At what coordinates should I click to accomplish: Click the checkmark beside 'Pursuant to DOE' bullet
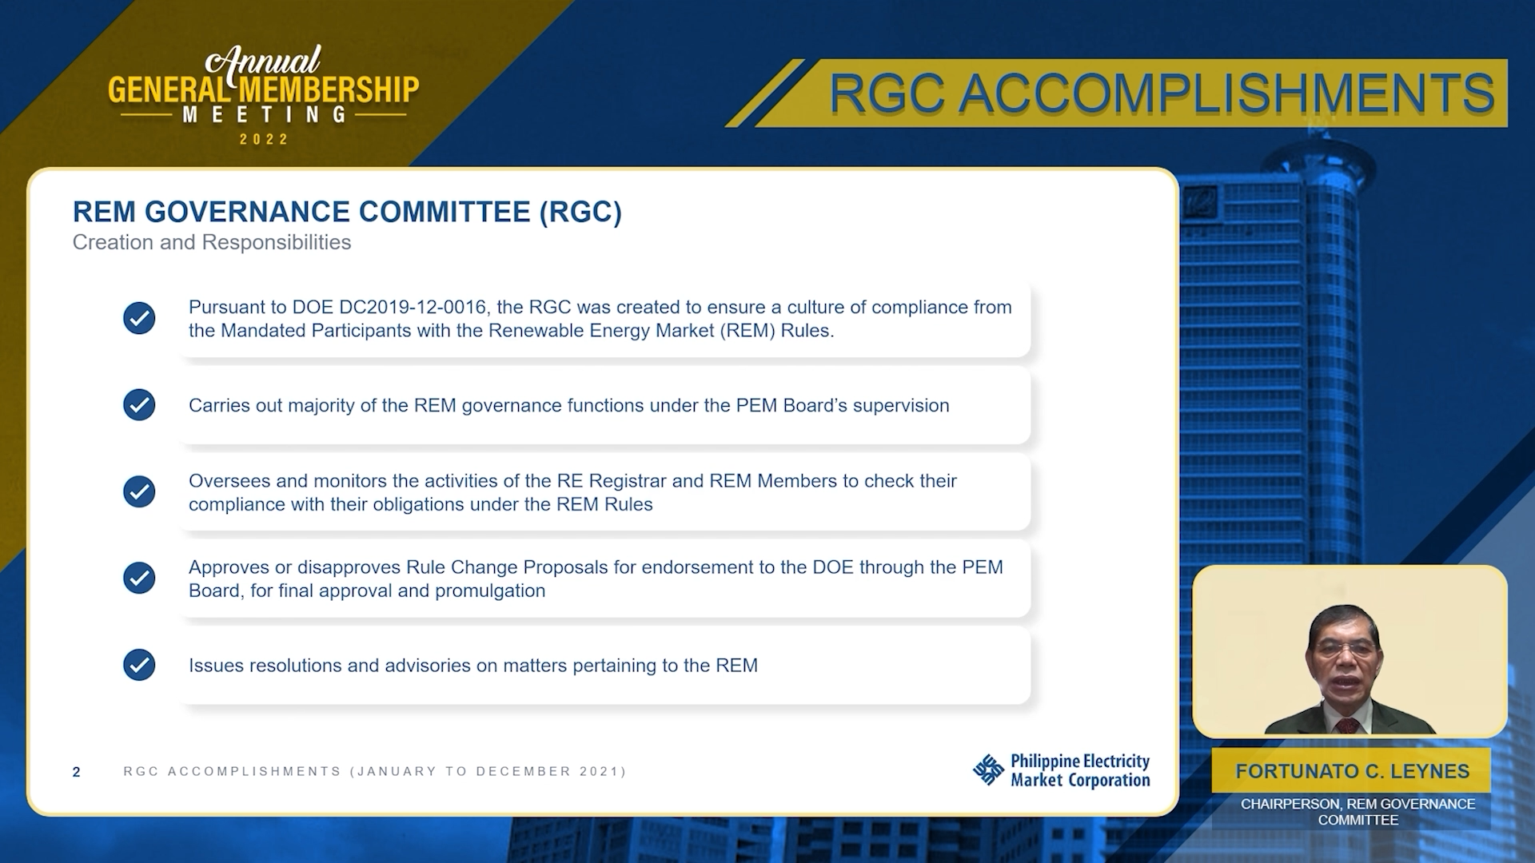point(139,318)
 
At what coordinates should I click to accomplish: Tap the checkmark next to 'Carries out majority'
point(139,405)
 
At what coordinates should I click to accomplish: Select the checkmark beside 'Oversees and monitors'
point(139,491)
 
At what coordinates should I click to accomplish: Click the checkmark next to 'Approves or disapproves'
point(139,578)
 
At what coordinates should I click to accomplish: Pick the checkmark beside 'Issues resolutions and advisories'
point(139,665)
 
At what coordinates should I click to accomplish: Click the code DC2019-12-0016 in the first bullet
point(413,308)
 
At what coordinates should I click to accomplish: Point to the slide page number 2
point(76,772)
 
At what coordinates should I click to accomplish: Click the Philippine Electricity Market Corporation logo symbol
point(988,770)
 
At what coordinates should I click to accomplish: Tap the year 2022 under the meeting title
point(264,139)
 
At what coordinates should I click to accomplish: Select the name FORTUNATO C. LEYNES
point(1353,771)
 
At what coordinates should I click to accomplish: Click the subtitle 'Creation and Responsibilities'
point(212,242)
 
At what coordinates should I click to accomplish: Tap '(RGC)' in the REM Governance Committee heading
point(580,212)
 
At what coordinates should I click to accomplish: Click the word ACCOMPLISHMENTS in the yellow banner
point(1226,93)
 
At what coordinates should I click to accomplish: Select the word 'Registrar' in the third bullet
point(628,481)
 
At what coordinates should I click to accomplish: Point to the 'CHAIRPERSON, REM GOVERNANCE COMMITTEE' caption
point(1358,812)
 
